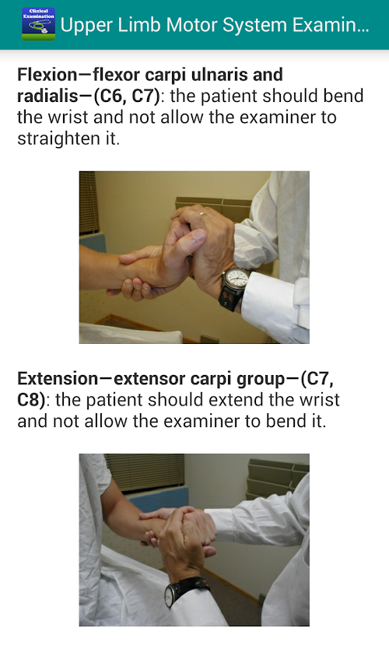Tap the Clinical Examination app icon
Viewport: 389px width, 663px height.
pyautogui.click(x=38, y=24)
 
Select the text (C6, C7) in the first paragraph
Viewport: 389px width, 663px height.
pyautogui.click(x=126, y=96)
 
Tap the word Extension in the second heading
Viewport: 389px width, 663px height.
pyautogui.click(x=58, y=378)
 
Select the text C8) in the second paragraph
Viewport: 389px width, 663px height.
pyautogui.click(x=31, y=399)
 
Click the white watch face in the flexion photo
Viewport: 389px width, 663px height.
pyautogui.click(x=237, y=280)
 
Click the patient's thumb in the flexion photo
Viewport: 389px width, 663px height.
pyautogui.click(x=187, y=243)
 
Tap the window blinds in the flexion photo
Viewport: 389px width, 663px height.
pyautogui.click(x=89, y=202)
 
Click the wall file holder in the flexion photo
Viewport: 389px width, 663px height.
pyautogui.click(x=213, y=208)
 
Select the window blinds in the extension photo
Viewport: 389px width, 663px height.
pyautogui.click(x=144, y=472)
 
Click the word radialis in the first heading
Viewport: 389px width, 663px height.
pyautogui.click(x=46, y=96)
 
